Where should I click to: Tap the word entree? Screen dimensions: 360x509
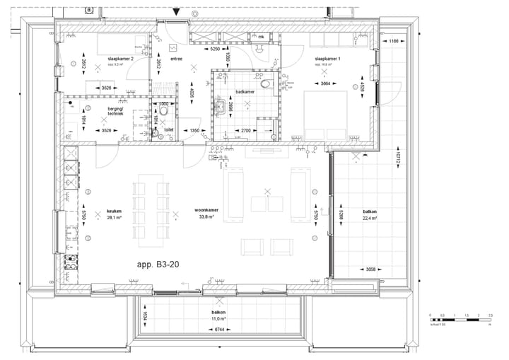[176, 59]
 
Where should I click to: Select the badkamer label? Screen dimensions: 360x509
[245, 91]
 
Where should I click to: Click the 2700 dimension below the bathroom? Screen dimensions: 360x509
[247, 131]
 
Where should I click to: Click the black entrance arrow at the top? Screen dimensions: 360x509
[177, 12]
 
